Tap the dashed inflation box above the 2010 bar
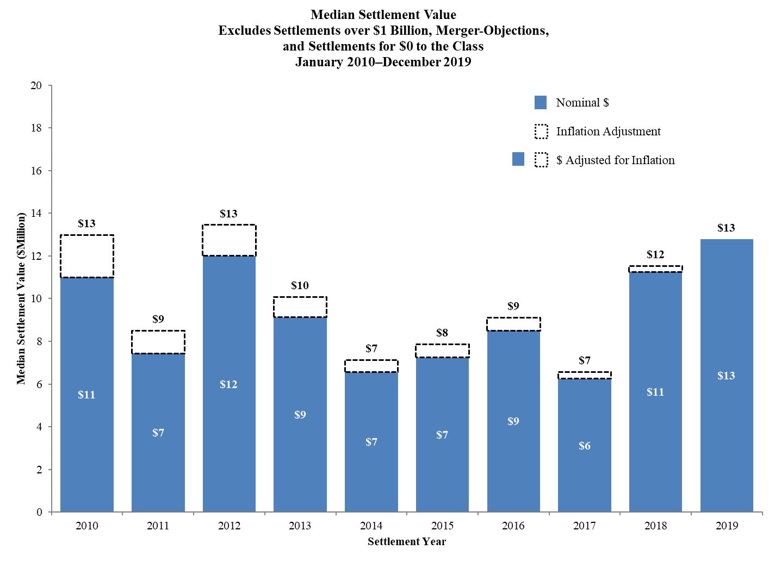click(87, 256)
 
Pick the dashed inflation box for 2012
click(229, 240)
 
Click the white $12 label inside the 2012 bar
click(228, 384)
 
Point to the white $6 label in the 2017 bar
click(585, 446)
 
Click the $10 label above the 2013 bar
click(300, 285)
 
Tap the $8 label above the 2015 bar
click(442, 333)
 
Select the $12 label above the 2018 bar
click(655, 254)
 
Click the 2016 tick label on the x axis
click(513, 526)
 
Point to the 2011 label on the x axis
click(158, 526)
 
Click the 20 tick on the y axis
click(36, 85)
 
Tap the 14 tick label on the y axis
click(36, 214)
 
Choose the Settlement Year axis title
click(406, 541)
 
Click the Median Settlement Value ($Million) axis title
click(21, 298)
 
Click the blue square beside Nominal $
click(541, 102)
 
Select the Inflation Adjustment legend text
click(608, 131)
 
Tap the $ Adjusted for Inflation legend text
click(615, 160)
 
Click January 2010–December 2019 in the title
click(383, 62)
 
